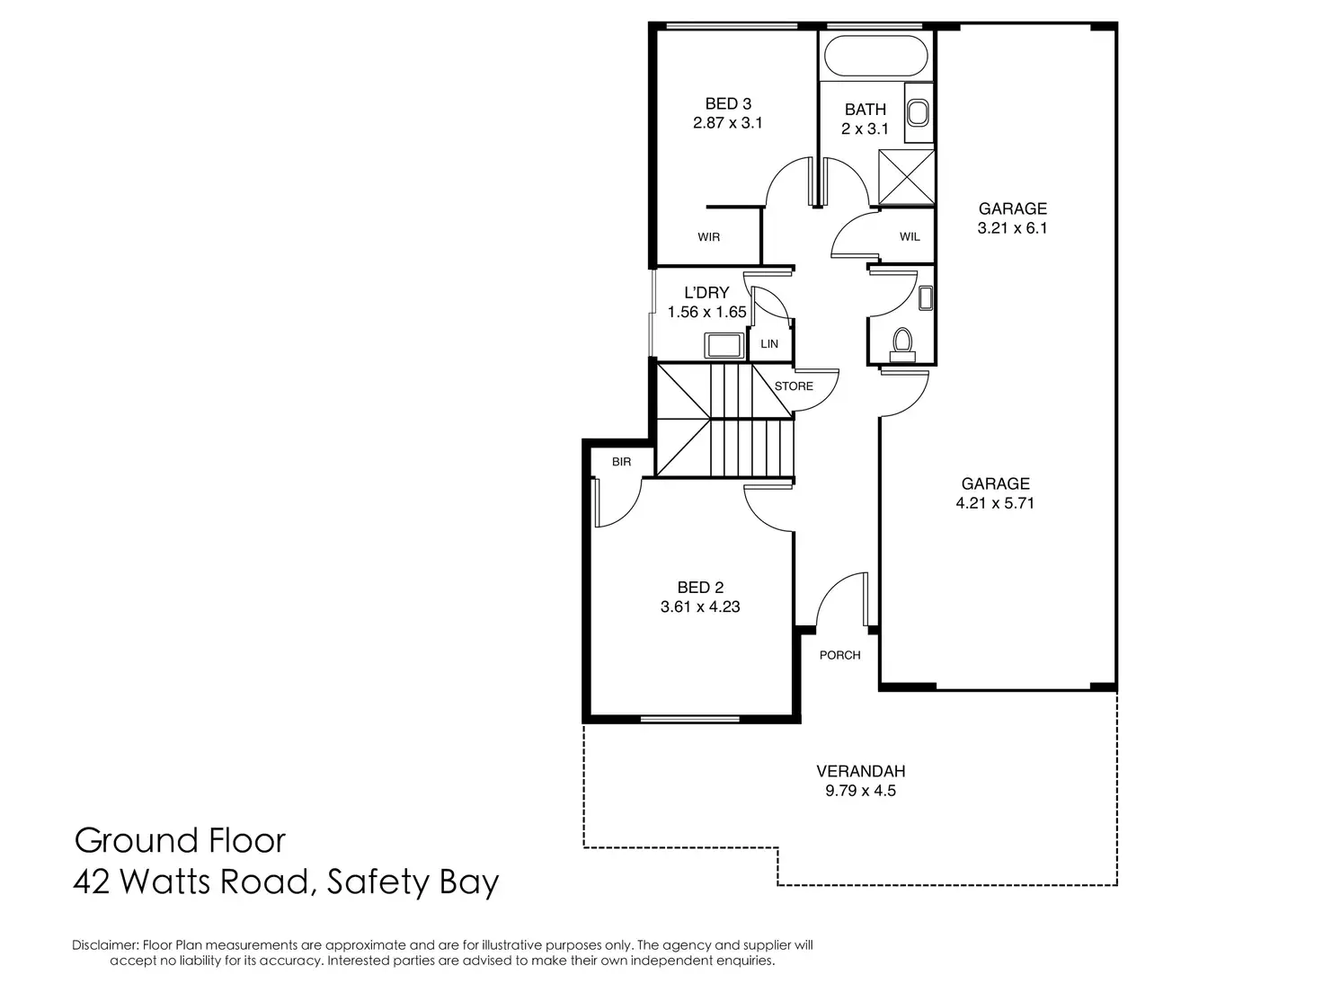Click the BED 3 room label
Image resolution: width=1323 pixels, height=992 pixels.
727,104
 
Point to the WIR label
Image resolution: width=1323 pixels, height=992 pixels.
708,237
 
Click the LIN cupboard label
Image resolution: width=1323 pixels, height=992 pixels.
769,344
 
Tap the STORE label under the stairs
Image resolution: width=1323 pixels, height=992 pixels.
794,386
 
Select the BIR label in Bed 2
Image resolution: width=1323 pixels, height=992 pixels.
621,462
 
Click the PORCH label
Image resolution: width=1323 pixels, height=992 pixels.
839,655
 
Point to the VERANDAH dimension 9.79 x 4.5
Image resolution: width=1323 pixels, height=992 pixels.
860,792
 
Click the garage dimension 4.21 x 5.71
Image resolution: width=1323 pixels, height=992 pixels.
995,503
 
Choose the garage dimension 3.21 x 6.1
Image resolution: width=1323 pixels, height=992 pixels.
1012,228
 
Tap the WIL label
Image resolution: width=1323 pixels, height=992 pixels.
910,237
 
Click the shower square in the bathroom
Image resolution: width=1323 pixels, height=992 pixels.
906,177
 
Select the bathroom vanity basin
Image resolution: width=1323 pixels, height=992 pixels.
918,113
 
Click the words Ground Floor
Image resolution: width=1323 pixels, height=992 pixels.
180,841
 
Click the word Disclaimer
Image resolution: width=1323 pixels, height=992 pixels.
105,945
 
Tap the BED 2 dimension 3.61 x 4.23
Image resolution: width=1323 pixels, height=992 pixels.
699,607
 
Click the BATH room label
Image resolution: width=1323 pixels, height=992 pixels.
865,110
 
